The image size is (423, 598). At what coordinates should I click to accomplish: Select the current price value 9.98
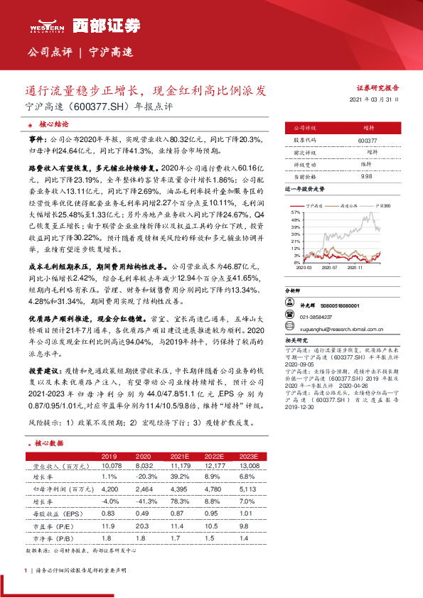(x=367, y=175)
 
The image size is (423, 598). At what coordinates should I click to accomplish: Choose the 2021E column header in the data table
(x=178, y=456)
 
